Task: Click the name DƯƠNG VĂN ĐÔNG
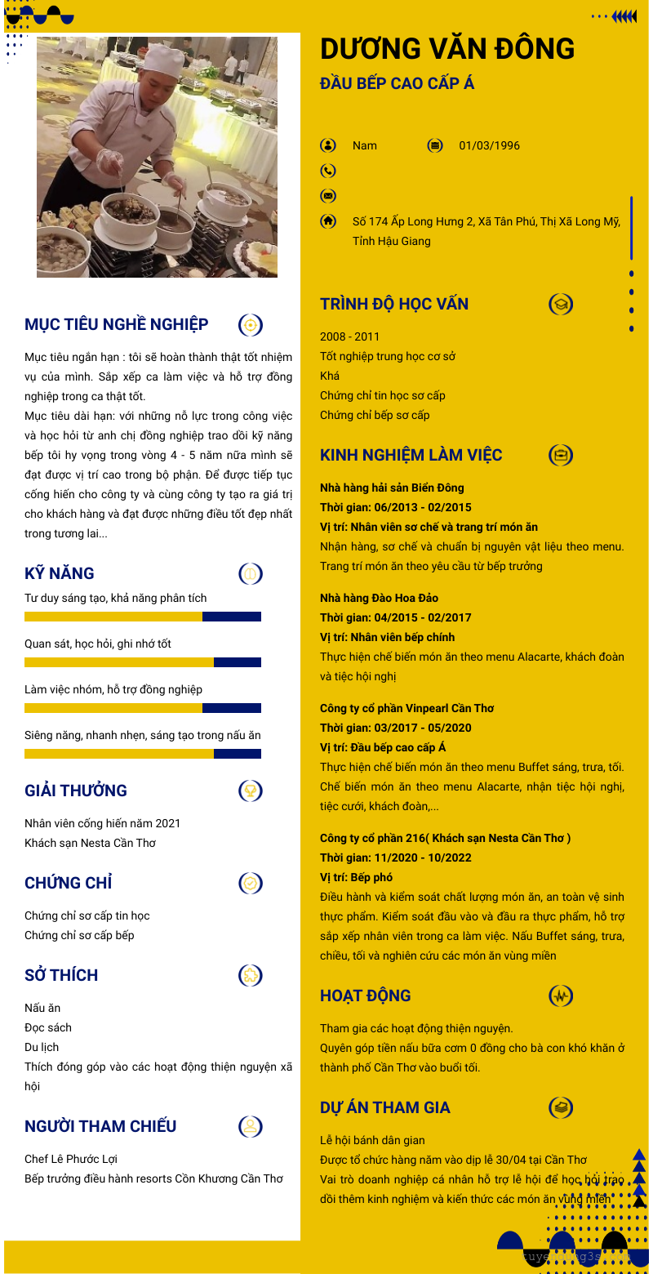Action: (x=447, y=49)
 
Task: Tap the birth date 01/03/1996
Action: (x=489, y=145)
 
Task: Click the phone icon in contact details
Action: (x=328, y=171)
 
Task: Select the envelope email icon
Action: (x=328, y=196)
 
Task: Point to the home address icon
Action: (x=328, y=220)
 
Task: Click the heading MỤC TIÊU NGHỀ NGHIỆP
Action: (x=117, y=324)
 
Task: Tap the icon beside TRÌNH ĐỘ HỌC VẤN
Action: (x=561, y=305)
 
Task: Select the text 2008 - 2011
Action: (x=349, y=336)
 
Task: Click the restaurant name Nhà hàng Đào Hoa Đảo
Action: (x=379, y=598)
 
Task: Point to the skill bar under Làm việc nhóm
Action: (x=143, y=708)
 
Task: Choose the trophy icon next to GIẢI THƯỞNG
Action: (x=251, y=791)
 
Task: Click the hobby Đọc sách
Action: (x=48, y=1027)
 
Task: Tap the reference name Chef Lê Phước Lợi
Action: (x=71, y=1159)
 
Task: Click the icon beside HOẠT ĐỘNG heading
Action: (x=561, y=996)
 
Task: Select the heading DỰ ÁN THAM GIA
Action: (x=384, y=1107)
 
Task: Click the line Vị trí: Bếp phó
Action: (x=356, y=877)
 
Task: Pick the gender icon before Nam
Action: (x=328, y=145)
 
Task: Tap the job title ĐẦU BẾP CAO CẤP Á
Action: (x=397, y=83)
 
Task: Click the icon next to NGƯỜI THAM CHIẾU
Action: (x=251, y=1126)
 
